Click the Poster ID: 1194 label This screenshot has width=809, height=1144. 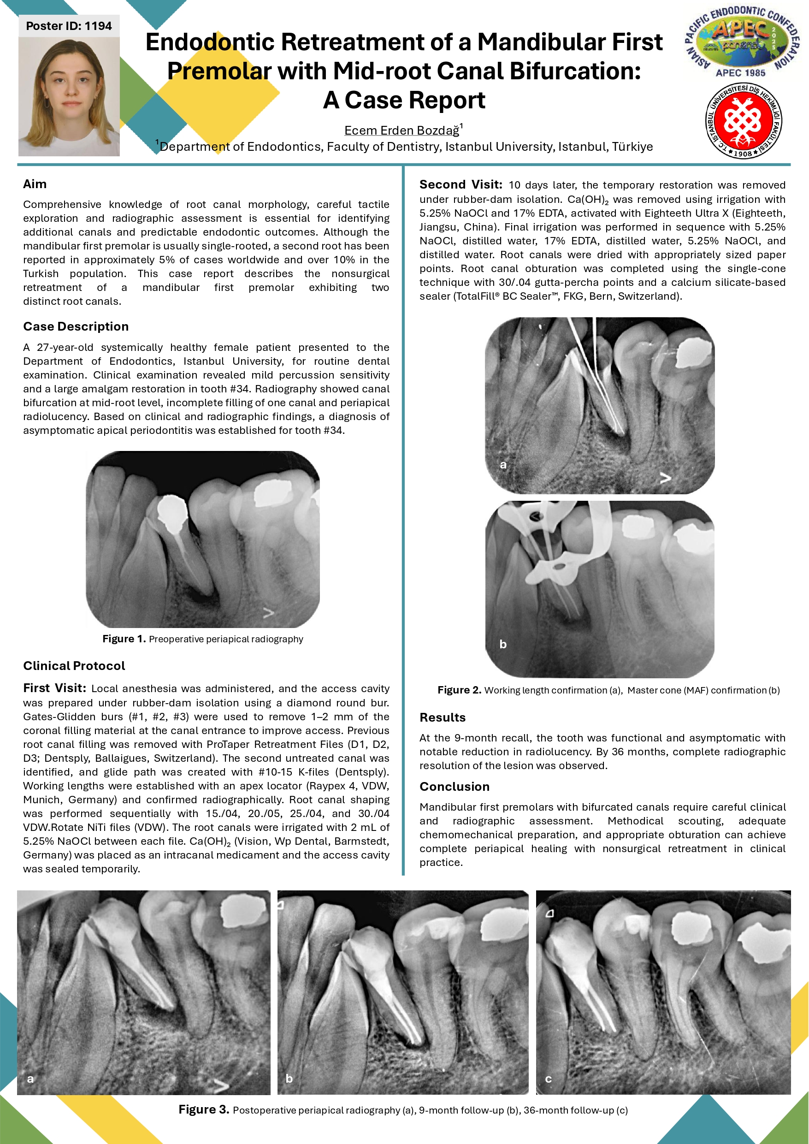tap(69, 26)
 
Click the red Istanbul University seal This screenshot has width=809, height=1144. tap(743, 120)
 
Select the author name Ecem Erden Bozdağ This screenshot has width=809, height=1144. tap(402, 130)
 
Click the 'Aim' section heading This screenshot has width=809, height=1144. tap(35, 184)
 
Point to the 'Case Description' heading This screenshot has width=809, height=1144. tap(76, 326)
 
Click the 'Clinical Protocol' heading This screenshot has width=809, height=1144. tap(74, 666)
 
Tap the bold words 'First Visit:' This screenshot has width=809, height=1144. tap(55, 688)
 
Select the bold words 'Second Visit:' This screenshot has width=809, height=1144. tap(461, 185)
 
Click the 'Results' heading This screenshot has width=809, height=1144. tap(443, 717)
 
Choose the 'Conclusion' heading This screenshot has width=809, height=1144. tap(455, 786)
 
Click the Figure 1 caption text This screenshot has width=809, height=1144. tap(203, 639)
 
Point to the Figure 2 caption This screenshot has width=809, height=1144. tap(608, 690)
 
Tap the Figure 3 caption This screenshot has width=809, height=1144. tap(403, 1109)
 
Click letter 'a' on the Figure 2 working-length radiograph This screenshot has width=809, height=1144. tap(503, 465)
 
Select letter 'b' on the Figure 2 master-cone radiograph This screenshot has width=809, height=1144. tap(503, 644)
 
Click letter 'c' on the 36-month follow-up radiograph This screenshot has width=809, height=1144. tap(548, 1079)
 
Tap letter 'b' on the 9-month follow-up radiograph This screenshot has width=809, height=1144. tap(289, 1078)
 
